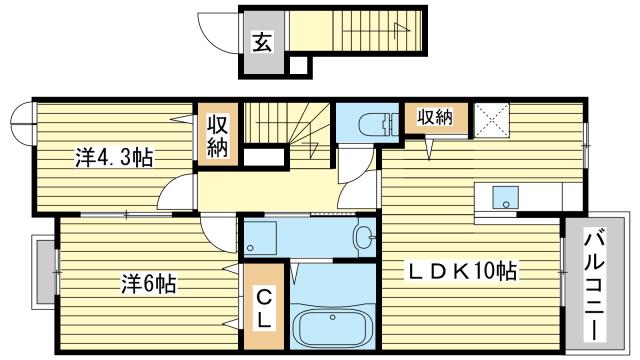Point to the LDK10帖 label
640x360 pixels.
[461, 269]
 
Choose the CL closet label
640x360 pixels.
[260, 309]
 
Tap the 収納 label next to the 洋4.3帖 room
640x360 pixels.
[218, 135]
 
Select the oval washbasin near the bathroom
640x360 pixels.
[364, 238]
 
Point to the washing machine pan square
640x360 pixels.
[262, 238]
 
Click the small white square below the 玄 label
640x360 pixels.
[297, 67]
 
